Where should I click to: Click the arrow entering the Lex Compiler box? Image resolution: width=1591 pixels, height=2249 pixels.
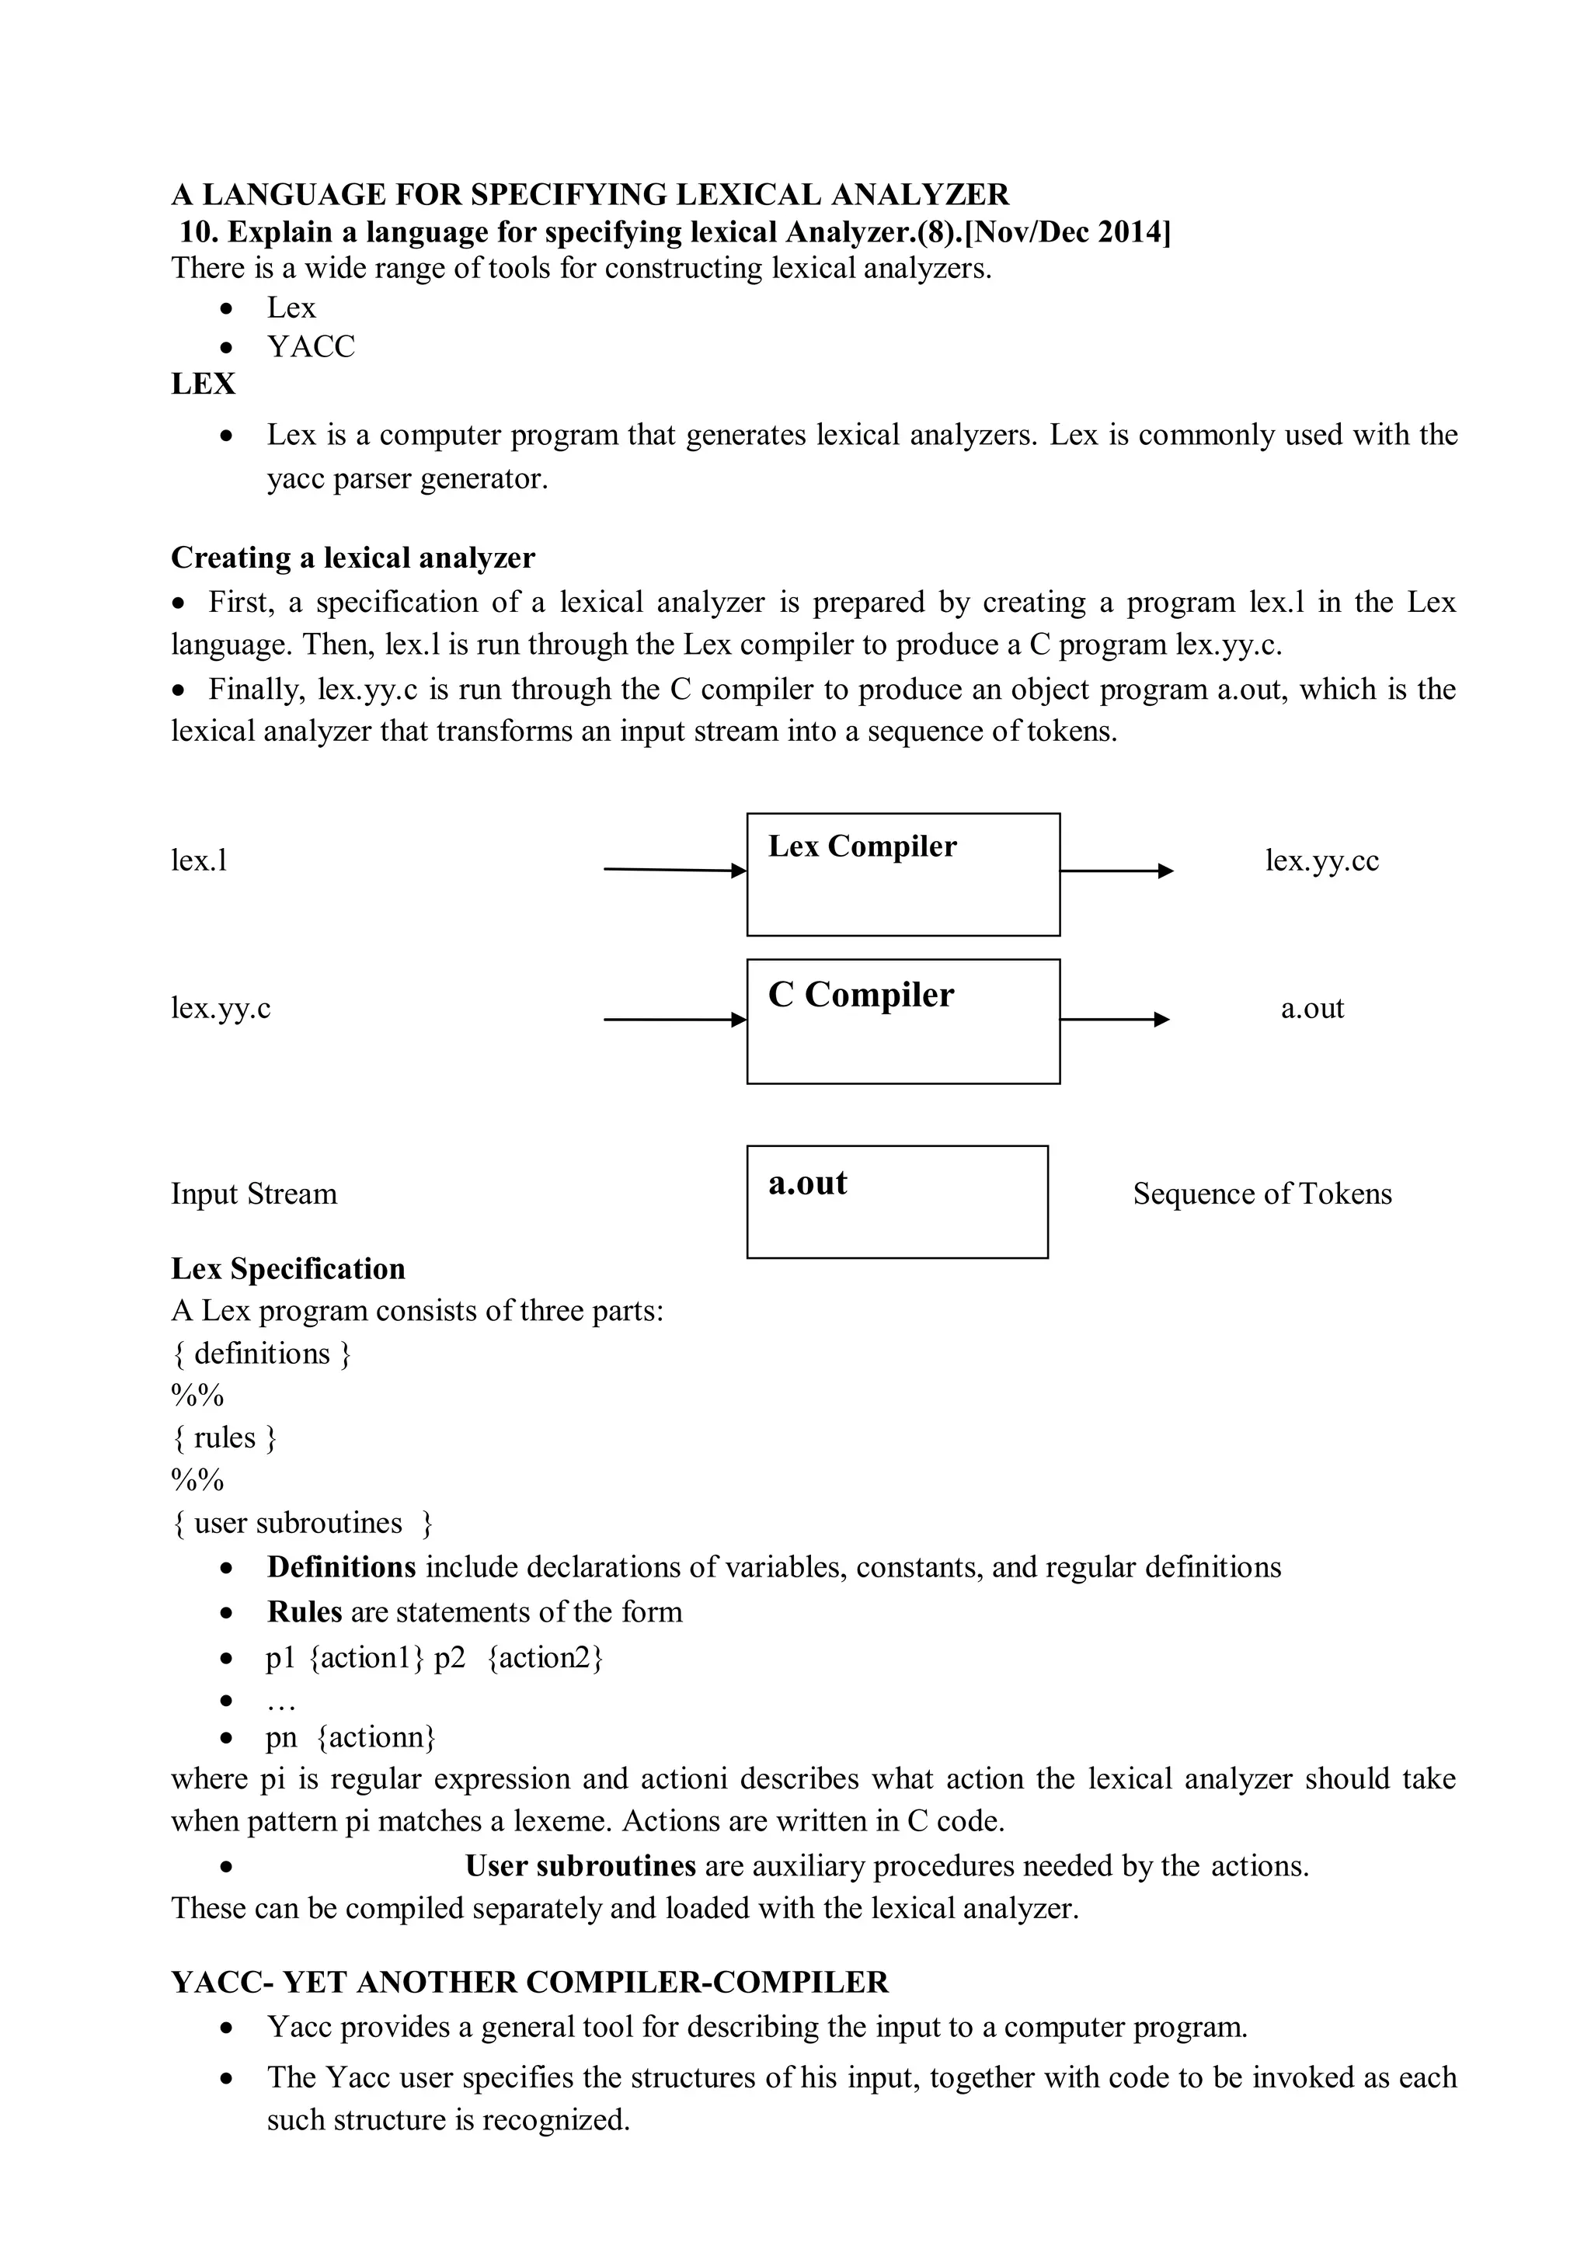pyautogui.click(x=675, y=870)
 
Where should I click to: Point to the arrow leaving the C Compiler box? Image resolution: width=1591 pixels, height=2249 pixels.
pyautogui.click(x=1114, y=1020)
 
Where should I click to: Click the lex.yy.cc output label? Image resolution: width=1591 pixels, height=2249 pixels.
pyautogui.click(x=1321, y=861)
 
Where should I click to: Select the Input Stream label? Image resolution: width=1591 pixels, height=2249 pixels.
pyautogui.click(x=254, y=1194)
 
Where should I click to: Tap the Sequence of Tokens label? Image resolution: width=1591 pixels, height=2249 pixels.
pyautogui.click(x=1262, y=1194)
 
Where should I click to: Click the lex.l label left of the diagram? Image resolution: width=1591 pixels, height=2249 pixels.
pyautogui.click(x=199, y=861)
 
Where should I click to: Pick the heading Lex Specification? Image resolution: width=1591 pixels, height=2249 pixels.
pyautogui.click(x=288, y=1270)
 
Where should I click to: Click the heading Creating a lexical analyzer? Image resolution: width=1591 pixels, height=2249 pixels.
pyautogui.click(x=353, y=558)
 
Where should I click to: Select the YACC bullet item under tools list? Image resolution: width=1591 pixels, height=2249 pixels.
pyautogui.click(x=311, y=347)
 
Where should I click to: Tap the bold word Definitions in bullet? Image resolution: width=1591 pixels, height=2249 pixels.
pyautogui.click(x=341, y=1567)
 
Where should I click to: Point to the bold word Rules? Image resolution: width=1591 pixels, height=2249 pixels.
pyautogui.click(x=304, y=1612)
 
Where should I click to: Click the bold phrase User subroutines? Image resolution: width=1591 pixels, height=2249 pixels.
pyautogui.click(x=580, y=1867)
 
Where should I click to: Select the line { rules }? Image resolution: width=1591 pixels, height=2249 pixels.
pyautogui.click(x=225, y=1438)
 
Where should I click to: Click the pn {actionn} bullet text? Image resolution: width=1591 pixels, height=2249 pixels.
pyautogui.click(x=350, y=1738)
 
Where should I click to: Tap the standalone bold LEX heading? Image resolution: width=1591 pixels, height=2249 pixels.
pyautogui.click(x=203, y=384)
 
